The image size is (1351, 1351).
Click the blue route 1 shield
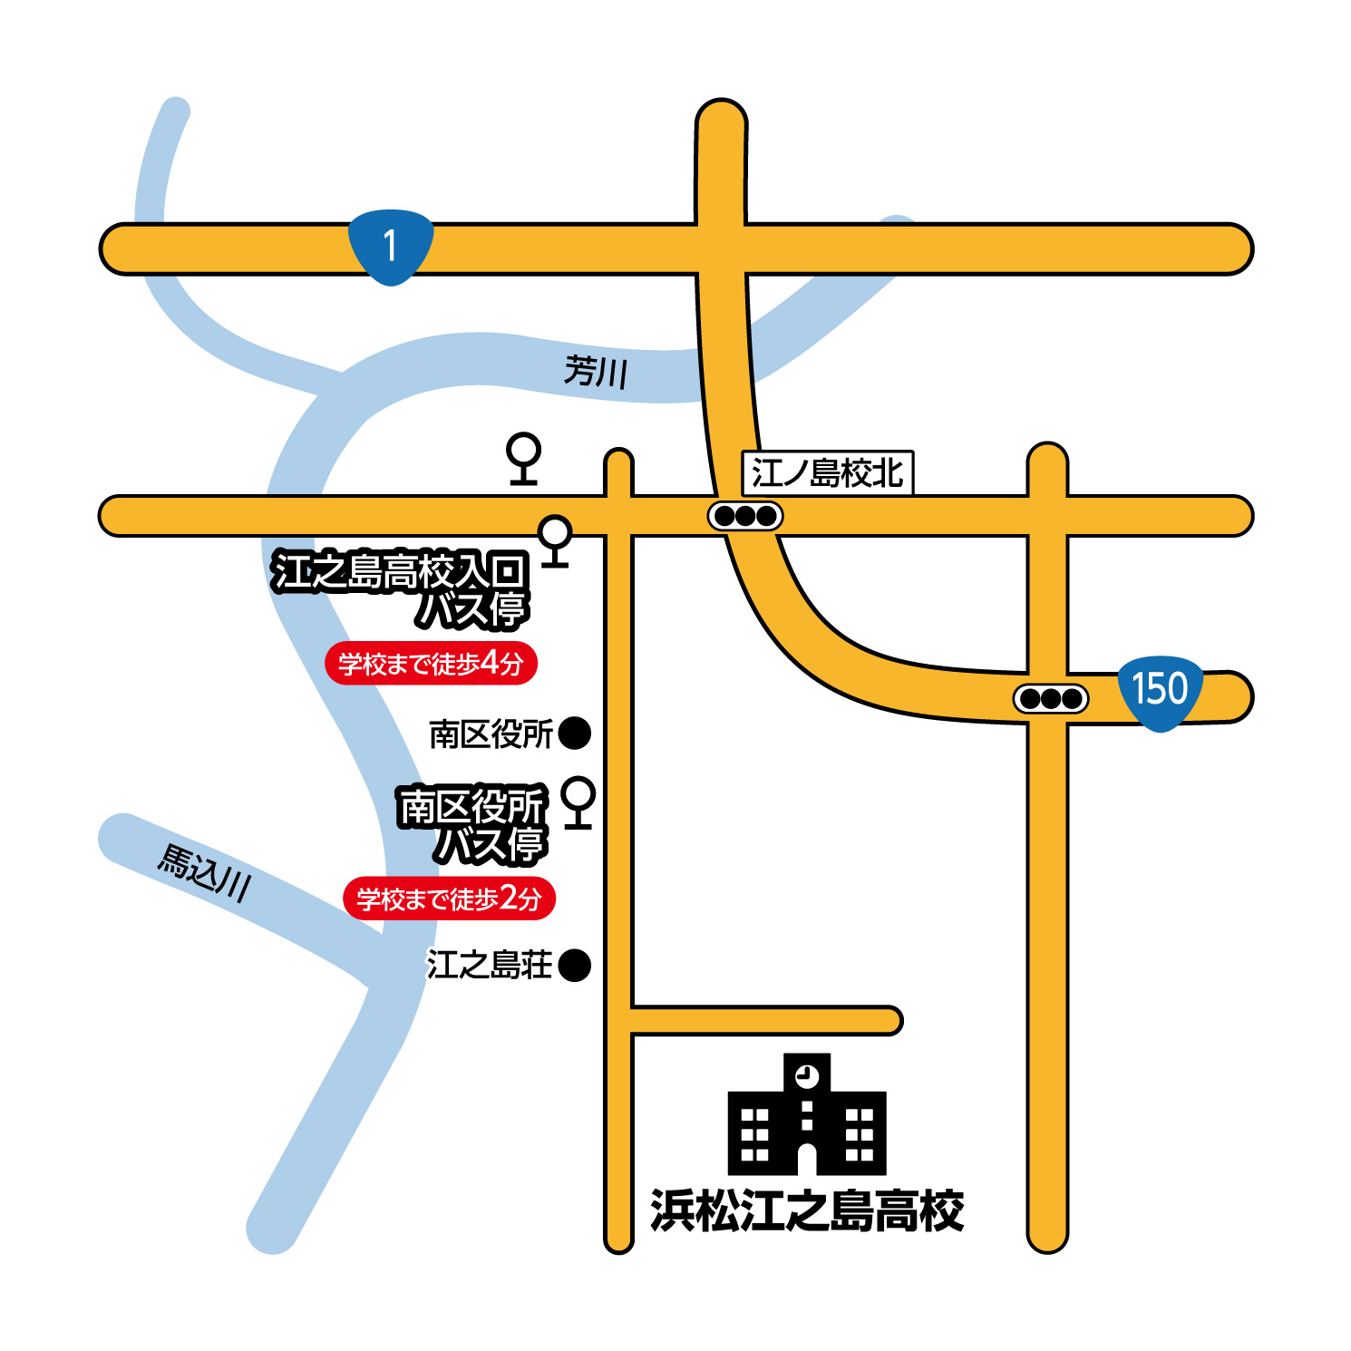391,246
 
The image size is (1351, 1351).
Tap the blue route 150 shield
1160,691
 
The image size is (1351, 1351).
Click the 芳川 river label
595,371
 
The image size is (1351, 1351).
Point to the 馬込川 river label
204,872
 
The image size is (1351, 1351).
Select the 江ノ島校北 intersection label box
827,472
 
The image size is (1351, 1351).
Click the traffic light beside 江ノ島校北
744,516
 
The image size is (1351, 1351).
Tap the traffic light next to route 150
1050,699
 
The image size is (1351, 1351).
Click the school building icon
806,1115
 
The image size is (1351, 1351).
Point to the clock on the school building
806,1076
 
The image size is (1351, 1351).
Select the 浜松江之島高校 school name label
806,1210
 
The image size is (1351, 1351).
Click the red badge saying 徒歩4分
431,663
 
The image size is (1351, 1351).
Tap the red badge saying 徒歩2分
449,899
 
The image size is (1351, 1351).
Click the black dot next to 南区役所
574,733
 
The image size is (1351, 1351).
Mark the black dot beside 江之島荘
574,965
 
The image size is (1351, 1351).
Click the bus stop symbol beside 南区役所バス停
578,802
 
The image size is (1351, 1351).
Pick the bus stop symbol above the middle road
523,458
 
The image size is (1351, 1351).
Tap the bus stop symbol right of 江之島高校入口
555,540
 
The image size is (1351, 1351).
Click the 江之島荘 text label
489,965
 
